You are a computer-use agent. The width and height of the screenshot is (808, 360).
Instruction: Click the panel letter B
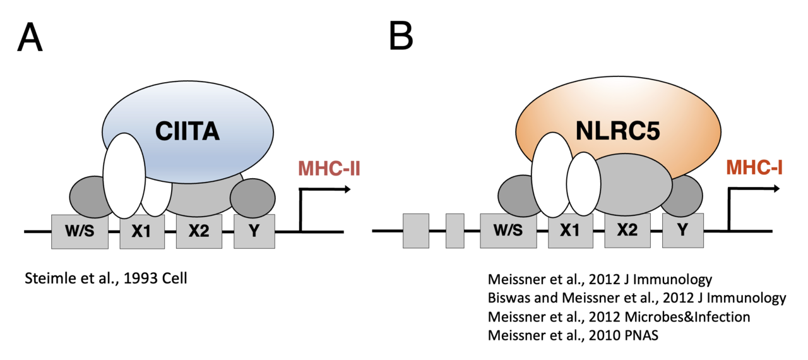[x=401, y=36]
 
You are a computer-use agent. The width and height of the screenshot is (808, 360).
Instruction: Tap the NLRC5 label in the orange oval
[x=617, y=132]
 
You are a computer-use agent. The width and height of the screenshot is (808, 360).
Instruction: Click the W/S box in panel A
[x=80, y=231]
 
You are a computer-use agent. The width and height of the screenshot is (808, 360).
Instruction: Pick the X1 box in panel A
[x=142, y=231]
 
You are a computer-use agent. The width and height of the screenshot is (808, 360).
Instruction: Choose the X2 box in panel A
[x=199, y=231]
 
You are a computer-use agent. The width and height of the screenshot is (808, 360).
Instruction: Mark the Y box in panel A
[x=254, y=231]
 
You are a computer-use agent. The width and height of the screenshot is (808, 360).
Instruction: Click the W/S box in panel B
[x=509, y=231]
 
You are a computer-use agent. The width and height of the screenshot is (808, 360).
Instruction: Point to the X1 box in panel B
[x=570, y=231]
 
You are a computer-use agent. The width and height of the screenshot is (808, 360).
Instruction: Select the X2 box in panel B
[x=627, y=231]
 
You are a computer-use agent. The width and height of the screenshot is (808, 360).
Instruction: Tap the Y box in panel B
[x=682, y=231]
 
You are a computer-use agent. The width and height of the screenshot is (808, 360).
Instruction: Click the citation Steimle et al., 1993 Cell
[x=105, y=279]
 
